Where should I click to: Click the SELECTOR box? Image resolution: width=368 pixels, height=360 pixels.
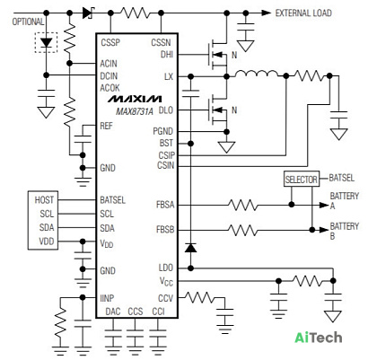click(x=302, y=180)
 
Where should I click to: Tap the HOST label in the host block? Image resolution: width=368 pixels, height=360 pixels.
click(x=44, y=200)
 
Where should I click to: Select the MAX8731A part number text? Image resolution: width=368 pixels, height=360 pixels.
click(x=135, y=111)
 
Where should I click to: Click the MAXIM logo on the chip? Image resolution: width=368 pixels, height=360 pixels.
click(x=135, y=99)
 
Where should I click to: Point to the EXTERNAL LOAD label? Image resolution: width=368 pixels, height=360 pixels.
click(x=303, y=13)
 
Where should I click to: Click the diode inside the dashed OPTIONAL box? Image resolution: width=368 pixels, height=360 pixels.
click(x=46, y=42)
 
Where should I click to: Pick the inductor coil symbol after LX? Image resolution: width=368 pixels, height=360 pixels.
click(x=256, y=74)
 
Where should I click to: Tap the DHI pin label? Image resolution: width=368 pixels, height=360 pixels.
click(x=167, y=55)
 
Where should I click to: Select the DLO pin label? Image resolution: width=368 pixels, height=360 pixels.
click(x=166, y=110)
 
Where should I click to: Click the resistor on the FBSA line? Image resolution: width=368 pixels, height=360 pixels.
click(x=242, y=205)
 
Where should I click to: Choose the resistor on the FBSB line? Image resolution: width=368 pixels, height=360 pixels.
click(x=242, y=230)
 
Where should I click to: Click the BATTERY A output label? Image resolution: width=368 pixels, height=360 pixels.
click(x=344, y=201)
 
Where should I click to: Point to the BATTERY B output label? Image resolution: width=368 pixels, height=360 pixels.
click(x=344, y=231)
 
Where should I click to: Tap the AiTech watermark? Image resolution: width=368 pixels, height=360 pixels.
click(x=319, y=338)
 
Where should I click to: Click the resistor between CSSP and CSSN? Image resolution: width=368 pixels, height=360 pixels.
click(x=135, y=13)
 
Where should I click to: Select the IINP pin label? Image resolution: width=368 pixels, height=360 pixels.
click(x=107, y=298)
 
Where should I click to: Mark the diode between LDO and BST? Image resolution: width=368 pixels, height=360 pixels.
click(x=190, y=248)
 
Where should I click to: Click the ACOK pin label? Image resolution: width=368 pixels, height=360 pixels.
click(x=110, y=88)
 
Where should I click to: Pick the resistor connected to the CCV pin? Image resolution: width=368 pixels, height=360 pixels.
click(x=199, y=297)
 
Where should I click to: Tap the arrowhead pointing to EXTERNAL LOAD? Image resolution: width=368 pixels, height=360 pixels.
click(x=267, y=13)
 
